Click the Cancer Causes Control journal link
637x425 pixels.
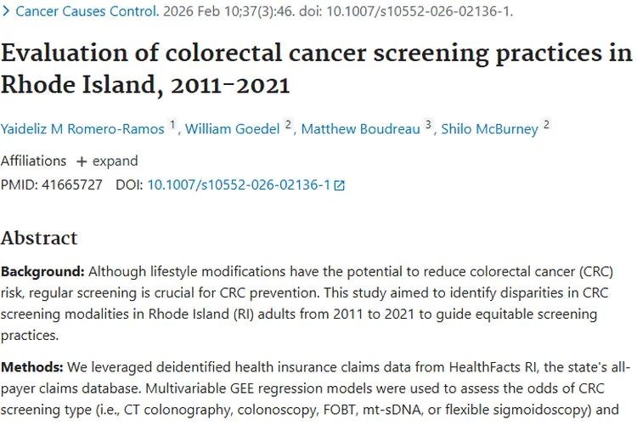click(85, 12)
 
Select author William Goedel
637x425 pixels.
click(234, 128)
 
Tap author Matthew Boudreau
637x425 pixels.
click(361, 128)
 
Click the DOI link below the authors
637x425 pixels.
click(239, 184)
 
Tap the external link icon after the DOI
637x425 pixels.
click(340, 184)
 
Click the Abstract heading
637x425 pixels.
click(39, 237)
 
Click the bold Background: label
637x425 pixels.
click(42, 272)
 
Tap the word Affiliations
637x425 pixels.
click(33, 161)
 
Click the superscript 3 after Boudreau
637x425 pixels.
click(429, 125)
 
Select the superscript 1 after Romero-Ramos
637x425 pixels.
click(173, 125)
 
